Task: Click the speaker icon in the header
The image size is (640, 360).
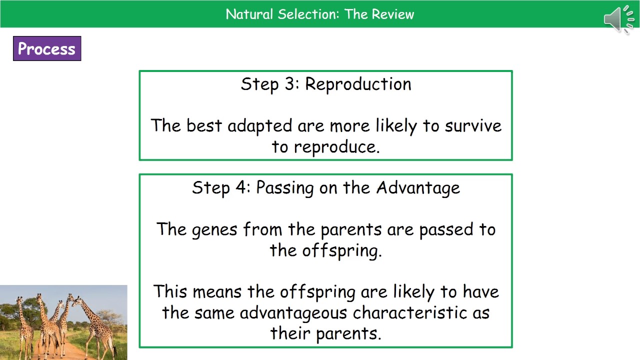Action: (619, 19)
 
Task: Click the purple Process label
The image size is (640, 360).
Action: (47, 48)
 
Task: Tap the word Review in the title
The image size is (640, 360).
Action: (392, 14)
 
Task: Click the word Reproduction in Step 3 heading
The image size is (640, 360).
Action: (358, 84)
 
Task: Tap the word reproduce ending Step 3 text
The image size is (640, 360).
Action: (336, 147)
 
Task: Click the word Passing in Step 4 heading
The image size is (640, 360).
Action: (286, 188)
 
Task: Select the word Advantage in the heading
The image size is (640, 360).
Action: (418, 188)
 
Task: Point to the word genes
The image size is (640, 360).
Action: (215, 230)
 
